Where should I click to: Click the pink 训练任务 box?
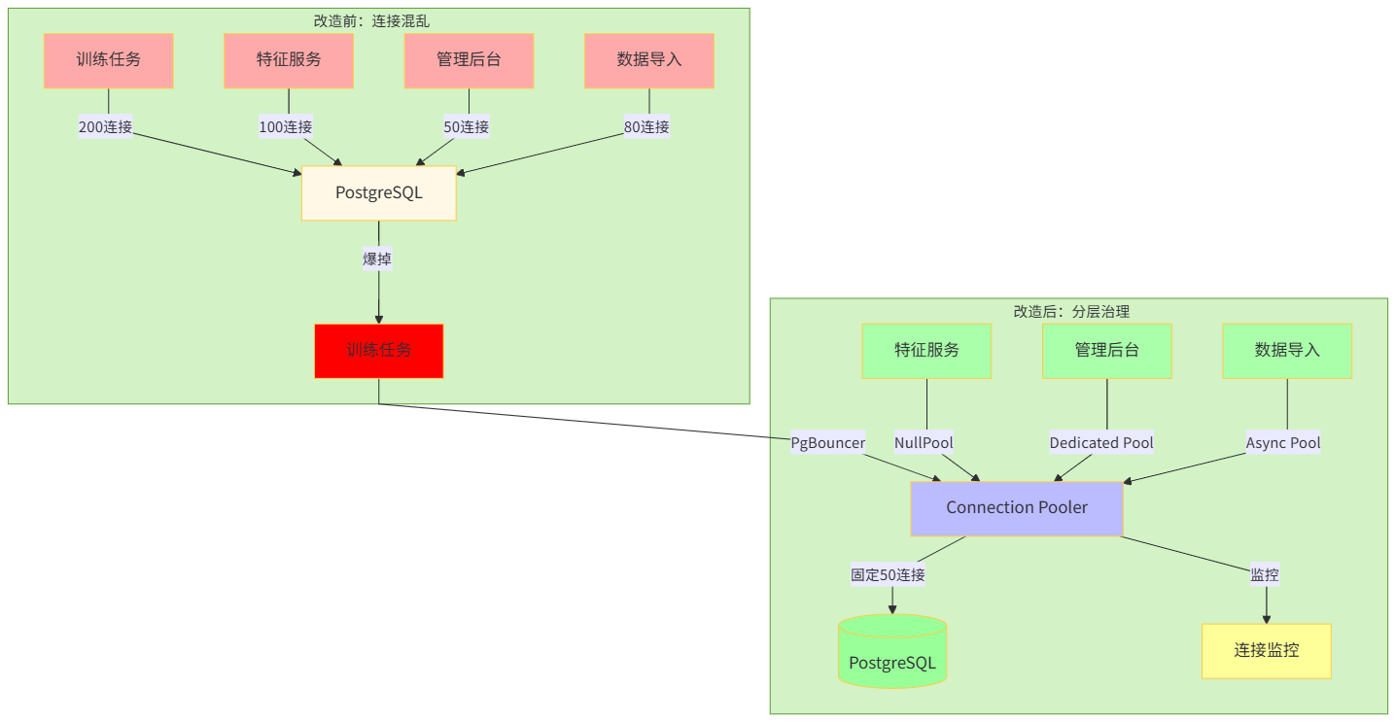coord(108,60)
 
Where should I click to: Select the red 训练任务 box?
coord(379,350)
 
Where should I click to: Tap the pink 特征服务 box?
coord(289,60)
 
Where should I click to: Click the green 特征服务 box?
coord(926,351)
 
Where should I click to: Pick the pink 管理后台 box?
coord(469,60)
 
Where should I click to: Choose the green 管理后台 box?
coord(1106,351)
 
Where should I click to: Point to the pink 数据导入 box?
coord(649,60)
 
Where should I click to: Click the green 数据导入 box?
coord(1287,351)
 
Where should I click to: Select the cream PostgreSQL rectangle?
coord(379,192)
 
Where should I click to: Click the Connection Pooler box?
coord(1017,508)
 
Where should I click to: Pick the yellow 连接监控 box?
coord(1266,651)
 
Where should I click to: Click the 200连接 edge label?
coord(105,127)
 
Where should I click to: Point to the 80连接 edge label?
coord(646,127)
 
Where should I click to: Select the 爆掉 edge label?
coord(378,259)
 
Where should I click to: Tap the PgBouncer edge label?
coord(827,443)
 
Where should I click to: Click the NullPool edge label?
coord(924,443)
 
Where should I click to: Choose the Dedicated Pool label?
coord(1101,443)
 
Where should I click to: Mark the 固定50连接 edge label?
coord(889,575)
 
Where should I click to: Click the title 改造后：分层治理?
coord(1071,312)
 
